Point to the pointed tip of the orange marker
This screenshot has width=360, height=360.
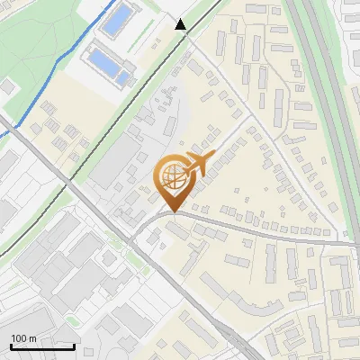coord(172,211)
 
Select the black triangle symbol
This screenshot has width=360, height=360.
coord(181,25)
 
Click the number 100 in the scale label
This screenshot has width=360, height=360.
coord(19,338)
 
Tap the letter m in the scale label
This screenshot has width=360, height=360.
coord(32,338)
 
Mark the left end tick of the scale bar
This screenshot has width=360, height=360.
coord(10,345)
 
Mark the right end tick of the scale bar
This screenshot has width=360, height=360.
coord(74,345)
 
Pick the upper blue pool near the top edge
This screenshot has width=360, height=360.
coord(115,20)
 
